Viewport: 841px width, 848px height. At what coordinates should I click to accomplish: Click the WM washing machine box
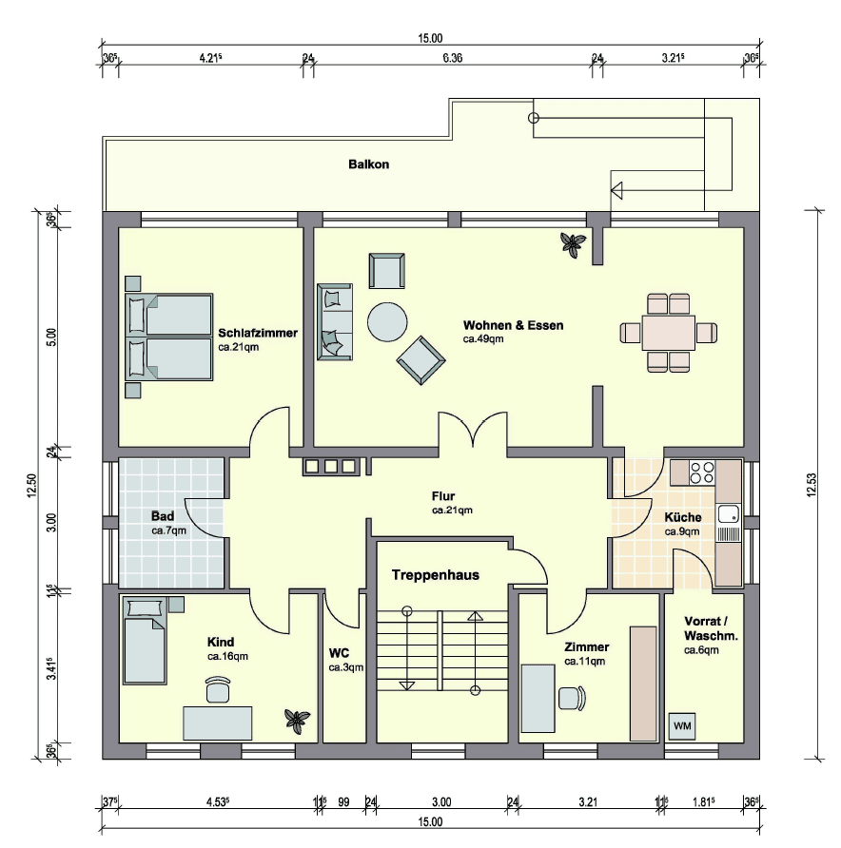682,725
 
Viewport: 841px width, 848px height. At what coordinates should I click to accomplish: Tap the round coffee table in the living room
388,321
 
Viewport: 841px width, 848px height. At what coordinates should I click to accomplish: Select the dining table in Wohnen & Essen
669,333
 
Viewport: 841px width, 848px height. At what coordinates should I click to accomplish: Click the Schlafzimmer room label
258,334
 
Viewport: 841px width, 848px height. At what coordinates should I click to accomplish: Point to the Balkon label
368,164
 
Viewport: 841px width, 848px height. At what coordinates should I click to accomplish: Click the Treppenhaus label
435,574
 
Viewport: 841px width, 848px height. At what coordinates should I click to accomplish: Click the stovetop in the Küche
702,472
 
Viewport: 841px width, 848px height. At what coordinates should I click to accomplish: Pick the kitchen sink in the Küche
729,514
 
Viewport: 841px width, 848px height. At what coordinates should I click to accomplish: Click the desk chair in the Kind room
218,687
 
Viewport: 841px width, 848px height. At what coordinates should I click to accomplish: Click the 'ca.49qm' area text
483,338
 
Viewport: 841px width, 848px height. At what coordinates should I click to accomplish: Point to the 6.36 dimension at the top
453,58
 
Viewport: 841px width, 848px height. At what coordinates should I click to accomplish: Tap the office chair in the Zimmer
571,698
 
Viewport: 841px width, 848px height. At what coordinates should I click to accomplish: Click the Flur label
443,496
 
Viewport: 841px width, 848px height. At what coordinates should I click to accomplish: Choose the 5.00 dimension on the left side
51,337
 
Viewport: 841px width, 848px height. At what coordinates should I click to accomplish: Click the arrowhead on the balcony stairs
616,190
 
